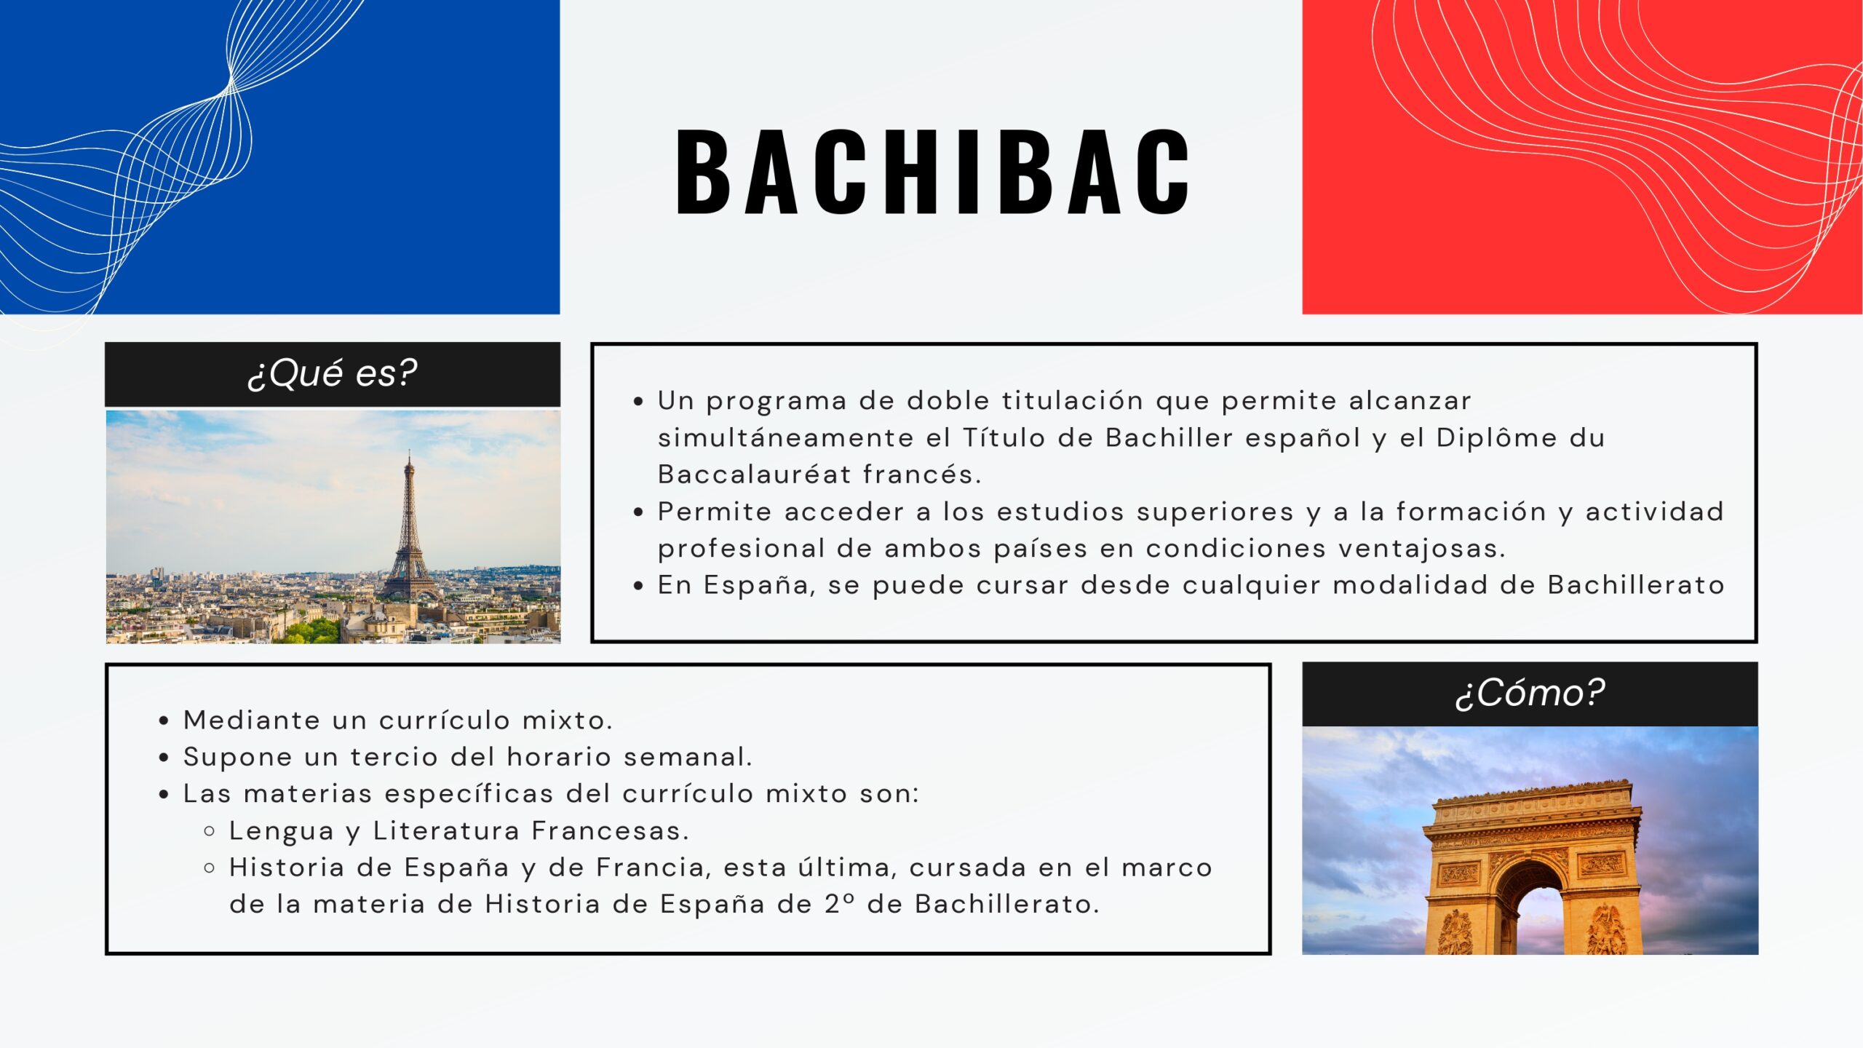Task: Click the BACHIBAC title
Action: [x=933, y=172]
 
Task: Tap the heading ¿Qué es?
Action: [x=333, y=373]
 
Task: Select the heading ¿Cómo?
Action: [x=1530, y=693]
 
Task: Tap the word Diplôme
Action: [x=1496, y=438]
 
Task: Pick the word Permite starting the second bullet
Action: [x=715, y=512]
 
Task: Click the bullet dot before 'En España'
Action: [x=638, y=585]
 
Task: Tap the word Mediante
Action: [x=252, y=720]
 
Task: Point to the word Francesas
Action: [x=610, y=830]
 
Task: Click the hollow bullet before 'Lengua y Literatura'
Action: [x=210, y=830]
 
